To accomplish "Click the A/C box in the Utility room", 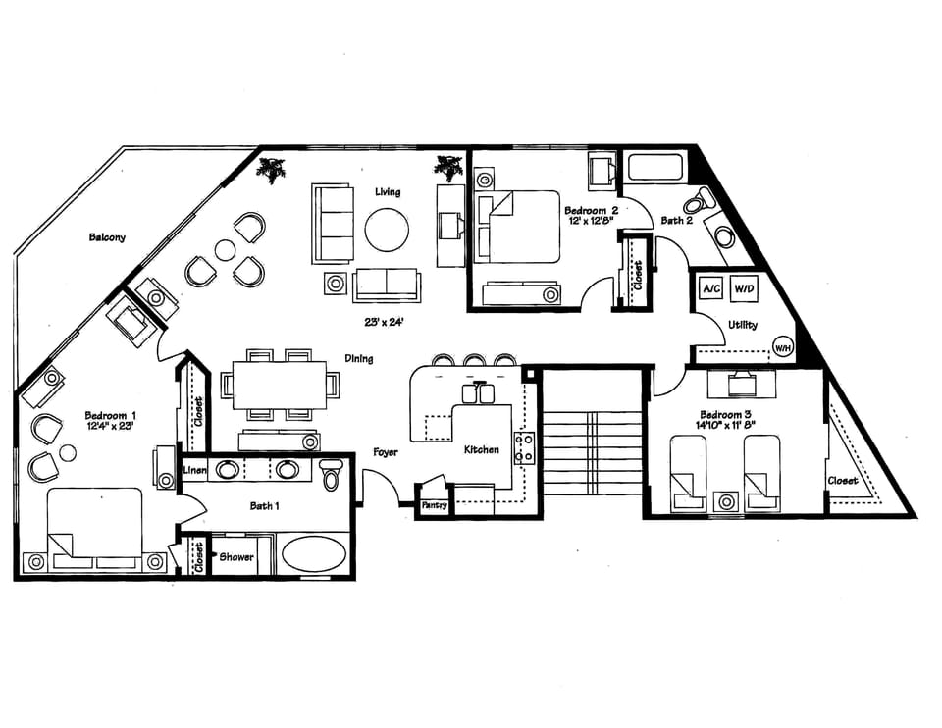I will [x=709, y=289].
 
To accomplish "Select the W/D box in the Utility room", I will [x=745, y=289].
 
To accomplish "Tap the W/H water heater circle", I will [x=783, y=347].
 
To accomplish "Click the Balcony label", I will [x=107, y=237].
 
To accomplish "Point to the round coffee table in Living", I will [x=387, y=231].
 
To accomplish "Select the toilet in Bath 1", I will [x=330, y=474].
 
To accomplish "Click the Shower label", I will [x=235, y=557].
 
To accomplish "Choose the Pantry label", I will [x=434, y=505].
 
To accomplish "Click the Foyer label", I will [x=384, y=453].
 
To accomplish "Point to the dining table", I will [x=279, y=384].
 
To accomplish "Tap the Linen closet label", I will [x=194, y=471].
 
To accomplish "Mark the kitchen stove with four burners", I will [x=525, y=446].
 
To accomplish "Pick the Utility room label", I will [x=742, y=325].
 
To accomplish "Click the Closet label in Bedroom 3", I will [x=843, y=481].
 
